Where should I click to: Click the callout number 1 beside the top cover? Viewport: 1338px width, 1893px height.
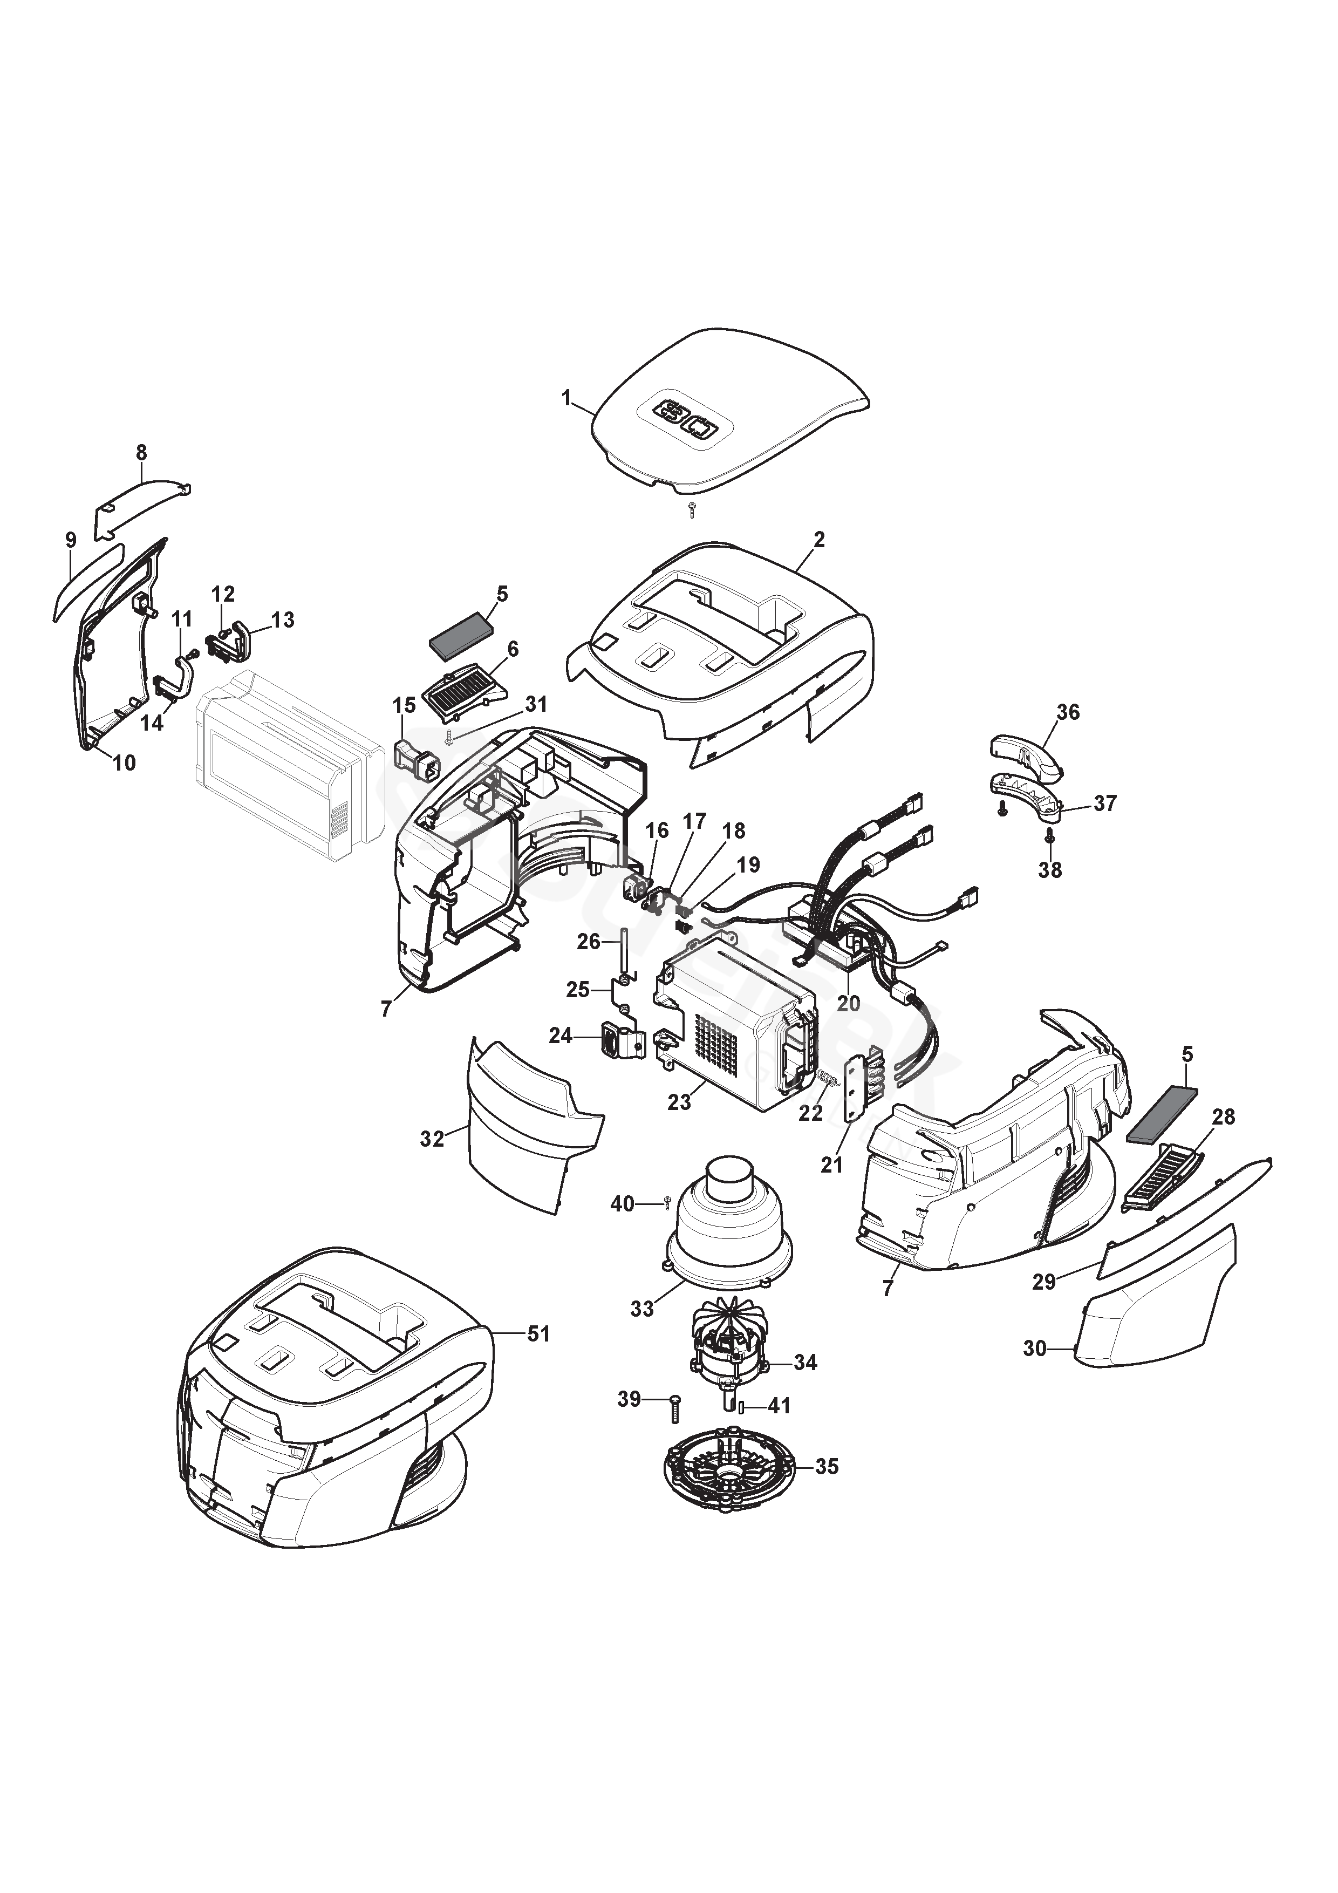[566, 398]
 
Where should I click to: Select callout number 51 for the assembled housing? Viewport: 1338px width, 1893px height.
[538, 1333]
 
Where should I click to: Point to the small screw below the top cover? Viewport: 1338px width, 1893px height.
[693, 509]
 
